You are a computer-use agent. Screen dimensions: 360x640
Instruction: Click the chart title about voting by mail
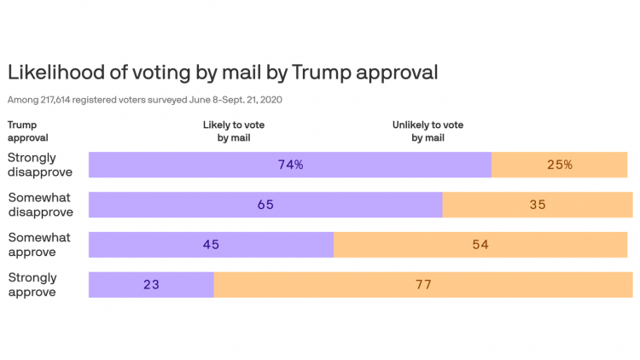(223, 73)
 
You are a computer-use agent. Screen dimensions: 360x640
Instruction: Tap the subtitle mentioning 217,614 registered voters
(145, 100)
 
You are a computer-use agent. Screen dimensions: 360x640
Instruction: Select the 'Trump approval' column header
(28, 131)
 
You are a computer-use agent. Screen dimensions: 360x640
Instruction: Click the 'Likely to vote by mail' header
(239, 131)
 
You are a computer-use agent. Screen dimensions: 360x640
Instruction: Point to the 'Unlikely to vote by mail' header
(428, 131)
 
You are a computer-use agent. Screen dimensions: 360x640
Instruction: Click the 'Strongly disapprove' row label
(40, 165)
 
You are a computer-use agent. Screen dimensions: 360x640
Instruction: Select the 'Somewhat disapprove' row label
(40, 205)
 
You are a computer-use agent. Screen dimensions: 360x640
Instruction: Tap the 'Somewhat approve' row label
(39, 245)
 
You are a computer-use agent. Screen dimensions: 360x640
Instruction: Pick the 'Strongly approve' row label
(32, 285)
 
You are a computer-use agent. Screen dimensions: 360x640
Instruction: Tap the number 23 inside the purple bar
(151, 285)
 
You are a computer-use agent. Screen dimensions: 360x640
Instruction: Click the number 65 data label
(265, 205)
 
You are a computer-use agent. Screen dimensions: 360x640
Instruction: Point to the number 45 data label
(211, 245)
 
